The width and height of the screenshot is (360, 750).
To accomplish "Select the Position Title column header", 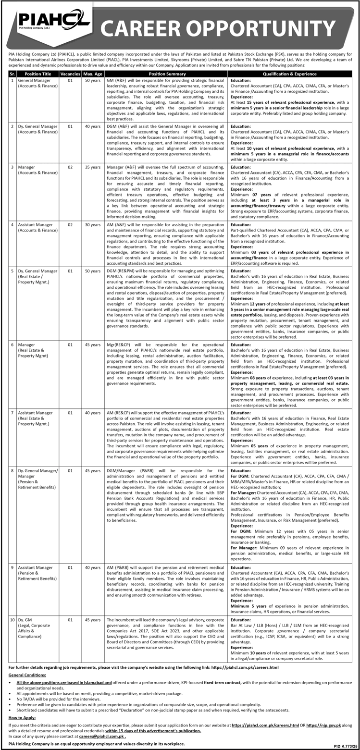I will point(38,74).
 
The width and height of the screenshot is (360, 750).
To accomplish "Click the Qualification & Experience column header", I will point(290,74).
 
